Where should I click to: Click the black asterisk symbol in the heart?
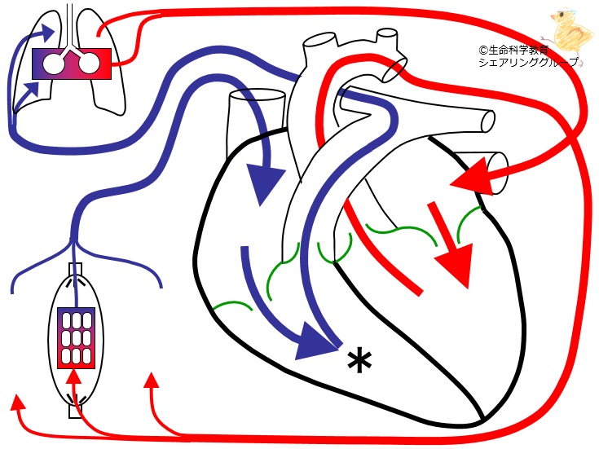coord(359,362)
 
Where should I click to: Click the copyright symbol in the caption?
coord(483,50)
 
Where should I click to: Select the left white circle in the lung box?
coord(53,64)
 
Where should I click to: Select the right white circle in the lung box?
coord(90,64)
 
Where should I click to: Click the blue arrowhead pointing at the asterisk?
coord(315,343)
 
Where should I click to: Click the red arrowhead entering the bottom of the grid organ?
coord(74,376)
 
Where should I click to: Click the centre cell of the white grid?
coord(76,338)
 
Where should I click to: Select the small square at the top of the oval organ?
coord(75,269)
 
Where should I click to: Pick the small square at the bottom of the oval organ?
coord(75,412)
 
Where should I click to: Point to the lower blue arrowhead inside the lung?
coord(33,88)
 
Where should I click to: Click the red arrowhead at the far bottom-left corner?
coord(17,403)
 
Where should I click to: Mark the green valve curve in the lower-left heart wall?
coord(232,306)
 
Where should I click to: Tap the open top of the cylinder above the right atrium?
coord(257,95)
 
